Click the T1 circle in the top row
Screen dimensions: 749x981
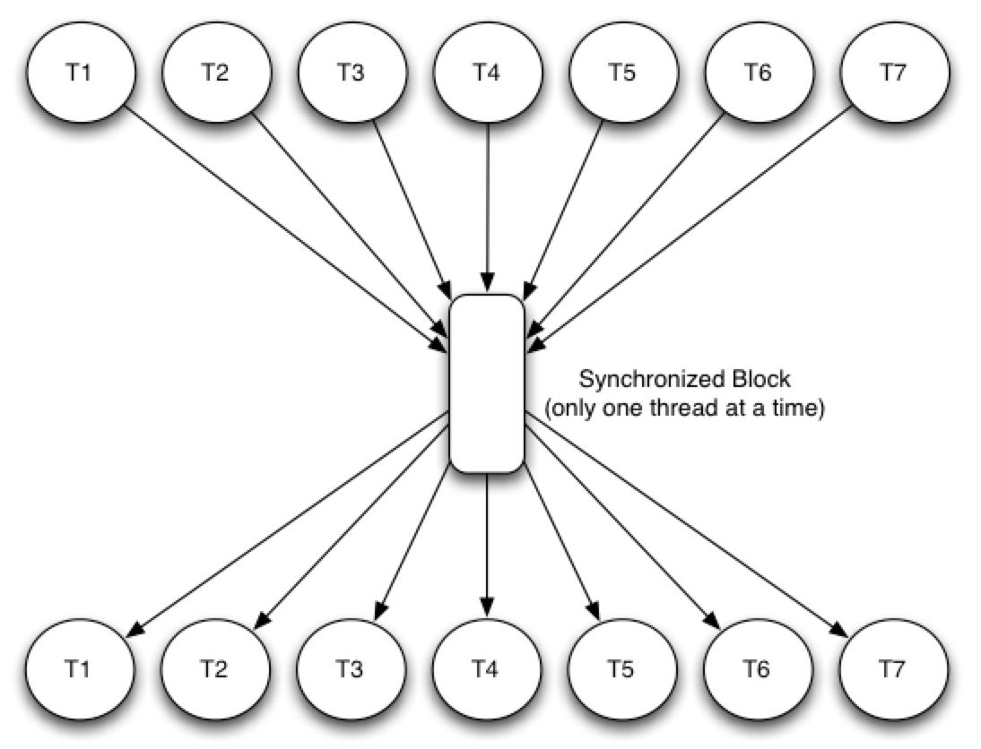81,73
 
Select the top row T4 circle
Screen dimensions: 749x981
486,73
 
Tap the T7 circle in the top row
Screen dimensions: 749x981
893,73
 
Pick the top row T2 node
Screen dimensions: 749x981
215,73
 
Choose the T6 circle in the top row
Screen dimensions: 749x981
758,73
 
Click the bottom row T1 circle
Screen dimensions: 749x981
81,668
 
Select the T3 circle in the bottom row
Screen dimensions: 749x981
352,668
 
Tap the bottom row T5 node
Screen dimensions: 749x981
622,668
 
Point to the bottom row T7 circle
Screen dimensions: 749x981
893,668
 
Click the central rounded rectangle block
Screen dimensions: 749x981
486,383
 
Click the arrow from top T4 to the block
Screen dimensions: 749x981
486,206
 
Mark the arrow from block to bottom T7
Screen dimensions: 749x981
690,533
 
